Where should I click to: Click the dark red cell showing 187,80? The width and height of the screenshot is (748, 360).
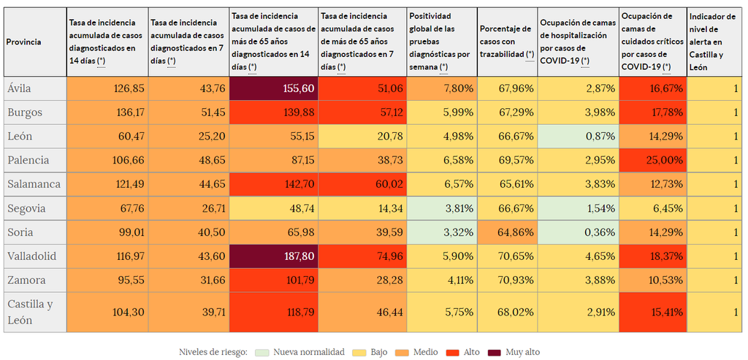click(273, 256)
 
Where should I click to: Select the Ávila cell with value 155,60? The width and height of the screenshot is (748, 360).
click(273, 88)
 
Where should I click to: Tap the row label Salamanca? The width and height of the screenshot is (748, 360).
click(34, 184)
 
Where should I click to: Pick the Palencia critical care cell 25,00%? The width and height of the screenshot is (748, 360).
click(652, 160)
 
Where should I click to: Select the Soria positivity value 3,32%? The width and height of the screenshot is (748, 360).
click(441, 232)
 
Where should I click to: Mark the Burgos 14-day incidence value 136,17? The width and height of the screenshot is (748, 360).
click(107, 112)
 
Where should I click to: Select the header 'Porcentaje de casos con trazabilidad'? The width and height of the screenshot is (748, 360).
click(506, 42)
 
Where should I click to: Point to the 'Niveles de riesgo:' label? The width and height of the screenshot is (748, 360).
click(213, 352)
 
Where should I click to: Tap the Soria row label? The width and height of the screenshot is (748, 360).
click(20, 232)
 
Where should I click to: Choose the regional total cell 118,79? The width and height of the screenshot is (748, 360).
click(273, 312)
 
